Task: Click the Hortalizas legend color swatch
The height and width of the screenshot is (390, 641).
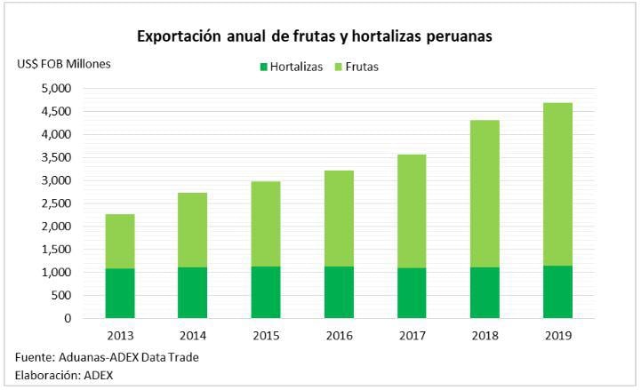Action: point(263,67)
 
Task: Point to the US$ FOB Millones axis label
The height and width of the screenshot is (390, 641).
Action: point(64,63)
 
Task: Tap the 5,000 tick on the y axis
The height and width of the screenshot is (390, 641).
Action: point(56,89)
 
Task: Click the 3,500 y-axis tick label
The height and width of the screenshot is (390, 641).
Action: point(56,158)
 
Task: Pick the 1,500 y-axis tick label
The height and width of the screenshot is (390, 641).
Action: point(56,250)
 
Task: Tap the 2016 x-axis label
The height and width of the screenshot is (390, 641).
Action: point(339,336)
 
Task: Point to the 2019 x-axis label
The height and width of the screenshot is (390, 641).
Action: point(557,336)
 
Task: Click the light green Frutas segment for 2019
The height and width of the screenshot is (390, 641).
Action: point(557,184)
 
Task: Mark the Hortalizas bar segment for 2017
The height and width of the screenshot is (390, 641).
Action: point(412,293)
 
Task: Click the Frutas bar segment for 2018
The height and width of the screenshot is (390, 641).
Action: point(485,194)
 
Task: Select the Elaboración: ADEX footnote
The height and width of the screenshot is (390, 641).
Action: point(64,375)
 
